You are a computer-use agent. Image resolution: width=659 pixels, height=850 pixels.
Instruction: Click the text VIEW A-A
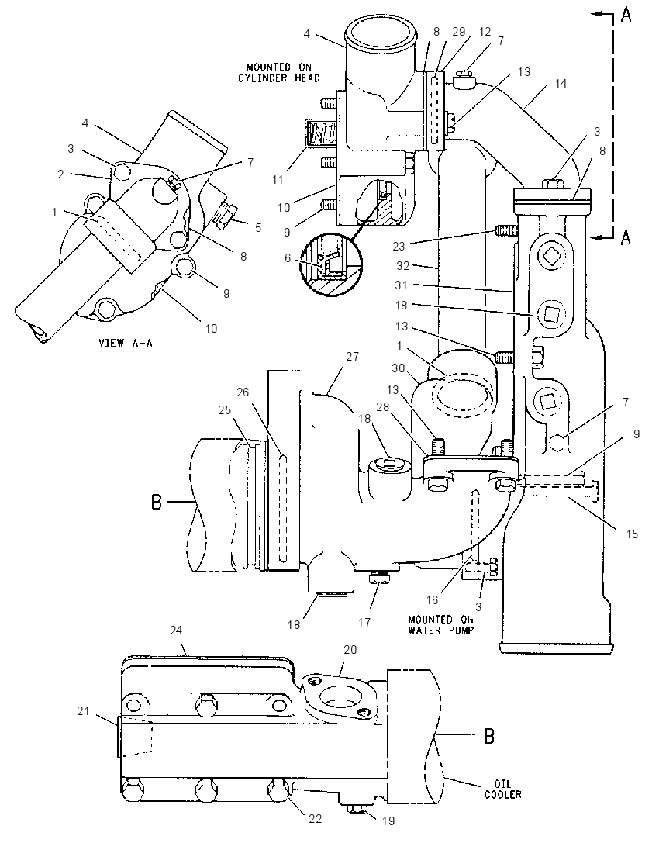(125, 343)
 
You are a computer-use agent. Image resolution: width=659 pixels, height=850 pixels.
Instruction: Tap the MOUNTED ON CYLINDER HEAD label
(279, 73)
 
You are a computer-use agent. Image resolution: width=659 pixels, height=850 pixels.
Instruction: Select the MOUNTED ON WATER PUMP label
(440, 624)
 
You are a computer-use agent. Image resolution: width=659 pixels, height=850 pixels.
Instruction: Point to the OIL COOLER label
(503, 789)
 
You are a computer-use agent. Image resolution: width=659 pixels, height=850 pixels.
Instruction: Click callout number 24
(175, 631)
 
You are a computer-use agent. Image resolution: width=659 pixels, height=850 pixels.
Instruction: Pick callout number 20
(350, 649)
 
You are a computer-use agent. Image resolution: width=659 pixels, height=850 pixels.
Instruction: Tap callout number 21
(83, 710)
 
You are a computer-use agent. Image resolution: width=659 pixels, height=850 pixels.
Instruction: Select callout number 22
(316, 818)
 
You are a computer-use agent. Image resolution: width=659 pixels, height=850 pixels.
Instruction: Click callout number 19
(388, 821)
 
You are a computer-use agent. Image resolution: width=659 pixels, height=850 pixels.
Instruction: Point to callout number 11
(278, 179)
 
